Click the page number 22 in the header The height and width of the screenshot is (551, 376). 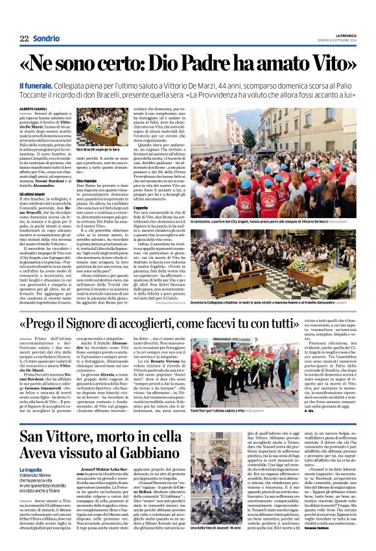coord(24,39)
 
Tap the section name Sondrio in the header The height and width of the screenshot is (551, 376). coord(46,39)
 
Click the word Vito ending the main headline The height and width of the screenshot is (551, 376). coord(331,64)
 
